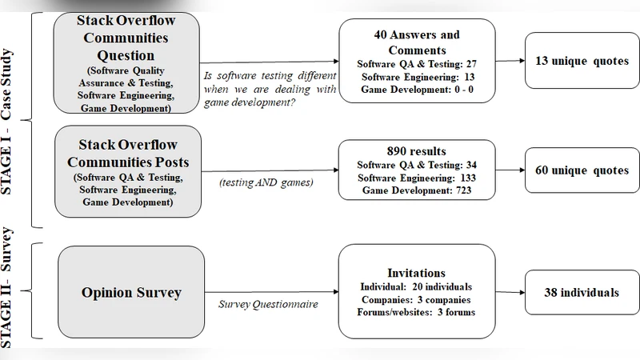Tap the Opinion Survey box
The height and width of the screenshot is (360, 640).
131,292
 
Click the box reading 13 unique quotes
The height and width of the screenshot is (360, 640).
577,62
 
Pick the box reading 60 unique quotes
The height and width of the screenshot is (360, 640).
577,170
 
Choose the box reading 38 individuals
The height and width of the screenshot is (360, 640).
577,292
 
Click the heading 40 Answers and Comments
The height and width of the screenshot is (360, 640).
417,42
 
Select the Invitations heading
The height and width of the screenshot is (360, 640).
416,273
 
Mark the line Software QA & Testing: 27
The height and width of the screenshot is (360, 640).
416,63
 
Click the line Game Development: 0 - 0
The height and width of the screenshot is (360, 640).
416,90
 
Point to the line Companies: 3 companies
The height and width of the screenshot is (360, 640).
416,299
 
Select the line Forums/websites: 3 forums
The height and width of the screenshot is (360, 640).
416,312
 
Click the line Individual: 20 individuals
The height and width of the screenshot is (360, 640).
416,286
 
